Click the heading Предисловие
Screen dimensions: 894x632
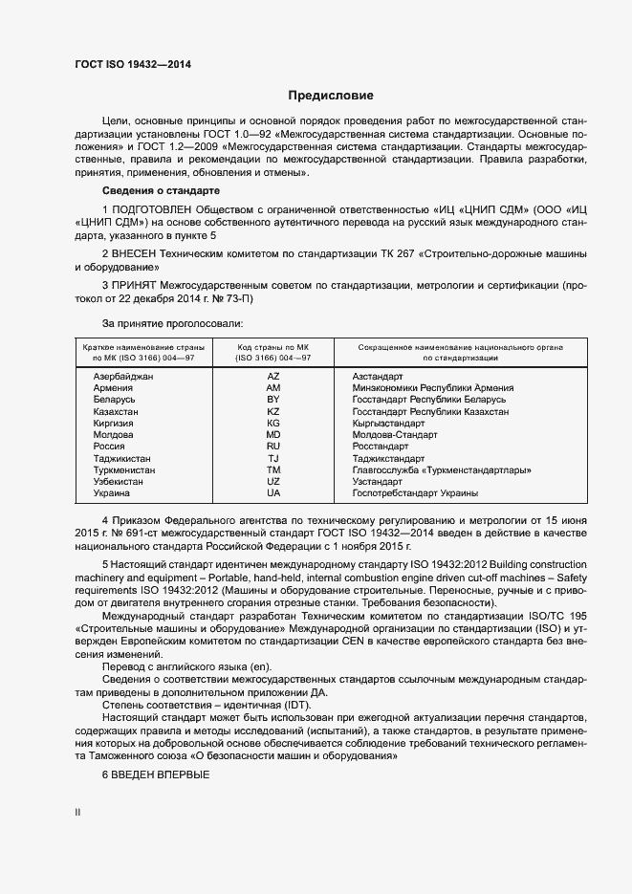coord(331,96)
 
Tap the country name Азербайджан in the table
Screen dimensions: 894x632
coord(123,377)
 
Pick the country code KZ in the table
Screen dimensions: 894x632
coord(272,411)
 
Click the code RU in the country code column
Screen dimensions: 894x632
coord(272,447)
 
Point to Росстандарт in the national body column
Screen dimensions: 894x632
coord(381,447)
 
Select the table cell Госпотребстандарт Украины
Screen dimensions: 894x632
coord(415,493)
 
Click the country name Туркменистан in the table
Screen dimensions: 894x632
coord(125,470)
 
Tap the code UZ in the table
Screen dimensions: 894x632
coord(272,482)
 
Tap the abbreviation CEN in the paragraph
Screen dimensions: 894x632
coord(373,644)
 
